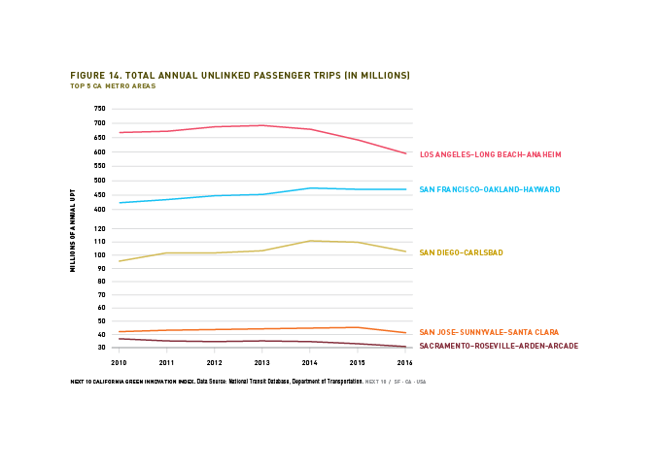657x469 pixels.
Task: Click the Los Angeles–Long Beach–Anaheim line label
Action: point(490,154)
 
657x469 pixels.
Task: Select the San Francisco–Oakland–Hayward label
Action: point(489,189)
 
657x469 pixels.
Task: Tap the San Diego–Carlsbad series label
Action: point(461,253)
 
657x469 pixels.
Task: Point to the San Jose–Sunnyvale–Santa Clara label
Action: point(489,332)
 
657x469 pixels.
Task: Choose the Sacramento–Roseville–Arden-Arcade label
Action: point(499,346)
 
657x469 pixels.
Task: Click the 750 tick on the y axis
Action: point(99,109)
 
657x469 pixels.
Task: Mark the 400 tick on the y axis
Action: point(99,209)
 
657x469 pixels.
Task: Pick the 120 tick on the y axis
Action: point(99,229)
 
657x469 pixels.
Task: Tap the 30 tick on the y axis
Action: point(100,348)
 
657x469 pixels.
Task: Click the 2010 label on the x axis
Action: point(119,361)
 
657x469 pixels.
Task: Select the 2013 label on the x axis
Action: point(261,361)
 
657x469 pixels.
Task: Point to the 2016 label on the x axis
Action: point(405,361)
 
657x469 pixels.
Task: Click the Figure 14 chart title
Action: point(240,75)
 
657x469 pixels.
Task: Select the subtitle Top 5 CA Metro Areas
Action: point(113,86)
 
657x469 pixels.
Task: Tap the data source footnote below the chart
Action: point(248,382)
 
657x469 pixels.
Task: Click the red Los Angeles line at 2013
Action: point(261,125)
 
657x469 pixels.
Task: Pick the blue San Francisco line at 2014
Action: point(309,188)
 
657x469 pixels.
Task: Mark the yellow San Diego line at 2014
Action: point(309,241)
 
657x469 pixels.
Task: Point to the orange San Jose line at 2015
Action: point(358,327)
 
